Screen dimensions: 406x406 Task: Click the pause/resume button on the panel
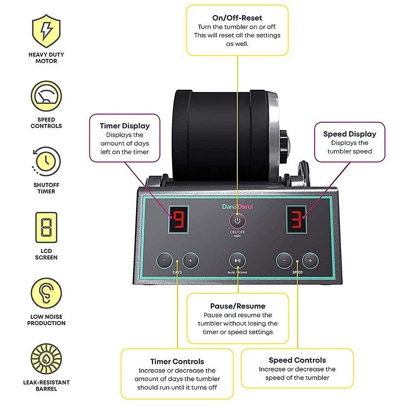237,261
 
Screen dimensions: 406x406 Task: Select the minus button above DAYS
164,261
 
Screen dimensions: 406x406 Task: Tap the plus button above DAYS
190,261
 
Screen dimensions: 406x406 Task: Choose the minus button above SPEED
284,261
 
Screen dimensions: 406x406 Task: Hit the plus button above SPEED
310,261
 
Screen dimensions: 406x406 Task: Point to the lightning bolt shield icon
46,30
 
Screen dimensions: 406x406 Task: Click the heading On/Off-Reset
237,18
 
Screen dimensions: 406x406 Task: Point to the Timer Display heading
125,126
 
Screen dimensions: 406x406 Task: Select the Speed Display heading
350,134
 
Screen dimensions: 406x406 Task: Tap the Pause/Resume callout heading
238,306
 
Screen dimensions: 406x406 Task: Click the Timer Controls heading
177,361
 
